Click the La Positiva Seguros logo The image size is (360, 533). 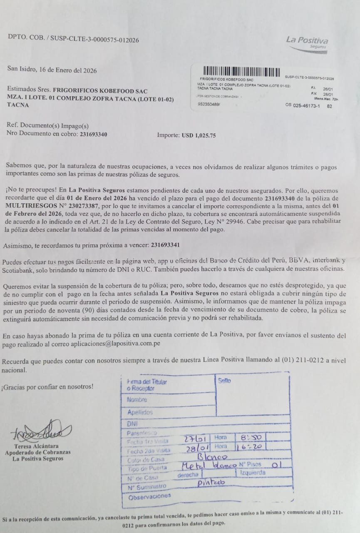(307, 42)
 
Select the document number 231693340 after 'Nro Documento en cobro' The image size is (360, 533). (94, 134)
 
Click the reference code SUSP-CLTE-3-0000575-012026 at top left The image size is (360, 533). (95, 40)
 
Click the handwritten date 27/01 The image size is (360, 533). (195, 438)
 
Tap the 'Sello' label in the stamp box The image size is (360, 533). (224, 381)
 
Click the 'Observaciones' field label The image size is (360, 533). (149, 496)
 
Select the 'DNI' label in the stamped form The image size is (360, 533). (132, 423)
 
